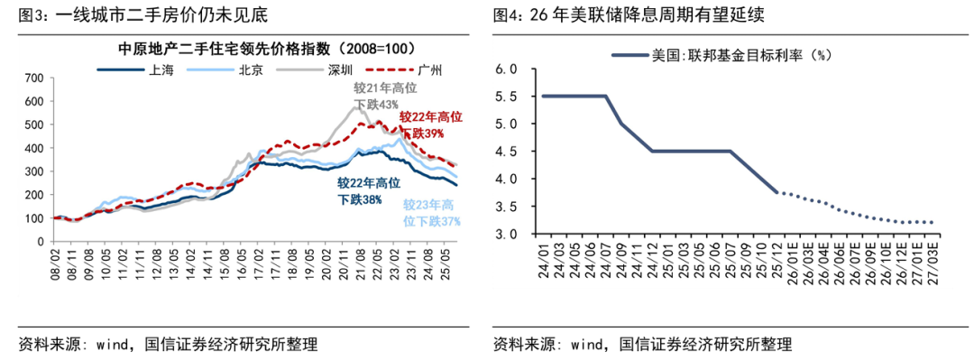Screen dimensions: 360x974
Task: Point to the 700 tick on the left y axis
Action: [x=33, y=78]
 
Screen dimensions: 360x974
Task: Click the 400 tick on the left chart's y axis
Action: [x=33, y=149]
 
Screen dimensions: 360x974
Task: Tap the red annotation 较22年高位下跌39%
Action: [x=430, y=125]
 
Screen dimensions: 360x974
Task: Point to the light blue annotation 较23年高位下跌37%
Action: [x=431, y=212]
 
